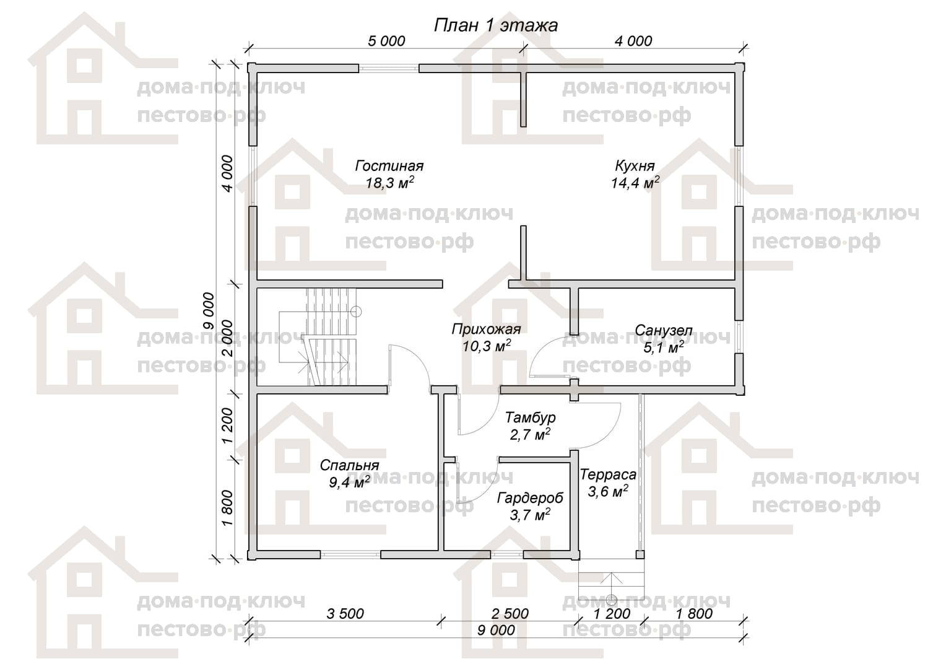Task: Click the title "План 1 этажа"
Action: (x=496, y=26)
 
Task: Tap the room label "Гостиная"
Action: (x=389, y=165)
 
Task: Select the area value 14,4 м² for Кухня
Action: (x=635, y=183)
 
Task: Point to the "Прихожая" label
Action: (x=486, y=329)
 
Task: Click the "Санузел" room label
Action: (x=663, y=330)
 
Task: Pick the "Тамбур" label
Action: (x=531, y=418)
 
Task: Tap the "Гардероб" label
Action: (x=530, y=498)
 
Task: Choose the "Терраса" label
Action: (x=608, y=474)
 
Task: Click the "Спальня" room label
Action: (x=349, y=465)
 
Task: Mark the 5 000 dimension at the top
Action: (x=386, y=41)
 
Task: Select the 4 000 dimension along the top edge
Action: (x=633, y=41)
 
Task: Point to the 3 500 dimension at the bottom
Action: (x=345, y=614)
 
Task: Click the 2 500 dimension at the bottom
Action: (x=510, y=614)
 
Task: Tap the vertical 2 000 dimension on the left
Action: (x=227, y=338)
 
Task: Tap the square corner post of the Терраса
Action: (x=640, y=554)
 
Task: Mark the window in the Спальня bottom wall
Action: (x=350, y=554)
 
